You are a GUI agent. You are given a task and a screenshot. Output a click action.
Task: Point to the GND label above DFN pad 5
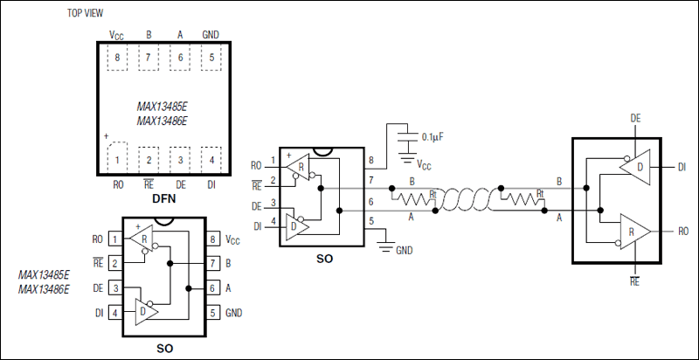[211, 35]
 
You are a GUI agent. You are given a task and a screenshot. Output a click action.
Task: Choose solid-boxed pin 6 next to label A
[212, 287]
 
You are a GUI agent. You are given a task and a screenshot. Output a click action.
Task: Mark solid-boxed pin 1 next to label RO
[114, 239]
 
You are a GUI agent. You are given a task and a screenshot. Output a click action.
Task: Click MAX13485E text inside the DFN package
[163, 104]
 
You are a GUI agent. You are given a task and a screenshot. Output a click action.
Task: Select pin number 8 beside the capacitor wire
[370, 161]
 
